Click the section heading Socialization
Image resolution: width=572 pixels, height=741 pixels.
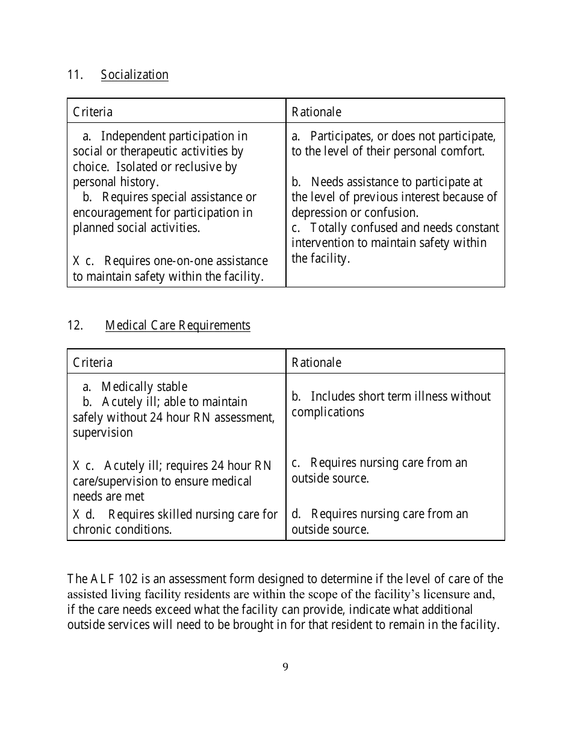tap(134, 75)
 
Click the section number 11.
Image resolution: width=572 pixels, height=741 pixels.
tap(74, 75)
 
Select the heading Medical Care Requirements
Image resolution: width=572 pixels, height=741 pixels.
tap(178, 325)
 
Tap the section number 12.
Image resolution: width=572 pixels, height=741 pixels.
tap(75, 325)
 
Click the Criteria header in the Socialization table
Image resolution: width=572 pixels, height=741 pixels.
tap(93, 112)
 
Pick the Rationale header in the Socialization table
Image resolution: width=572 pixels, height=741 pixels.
tap(316, 112)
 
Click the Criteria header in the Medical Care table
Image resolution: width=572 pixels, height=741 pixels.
tap(93, 363)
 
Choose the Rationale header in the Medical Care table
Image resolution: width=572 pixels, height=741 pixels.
tap(316, 363)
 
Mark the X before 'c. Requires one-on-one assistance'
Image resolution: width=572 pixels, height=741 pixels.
tap(77, 261)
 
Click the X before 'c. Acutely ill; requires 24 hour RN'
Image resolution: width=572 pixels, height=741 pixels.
tap(77, 466)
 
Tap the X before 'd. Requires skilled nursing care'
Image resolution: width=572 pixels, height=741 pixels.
tap(77, 514)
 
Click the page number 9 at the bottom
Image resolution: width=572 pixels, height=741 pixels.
tap(285, 667)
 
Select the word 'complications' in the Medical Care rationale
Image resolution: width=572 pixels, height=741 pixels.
tap(328, 412)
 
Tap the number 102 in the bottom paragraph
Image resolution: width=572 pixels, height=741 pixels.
tap(128, 579)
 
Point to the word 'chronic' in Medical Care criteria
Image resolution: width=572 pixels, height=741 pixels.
tap(92, 530)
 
